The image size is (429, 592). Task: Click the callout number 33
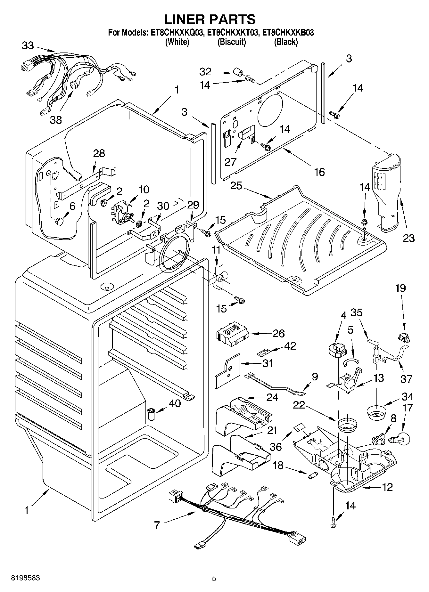click(x=28, y=46)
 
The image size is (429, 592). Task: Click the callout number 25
click(x=236, y=185)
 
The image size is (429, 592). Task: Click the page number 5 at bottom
click(x=214, y=578)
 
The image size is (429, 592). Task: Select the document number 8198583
click(x=26, y=578)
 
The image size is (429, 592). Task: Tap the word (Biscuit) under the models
click(x=232, y=42)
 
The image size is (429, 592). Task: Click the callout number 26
click(x=278, y=333)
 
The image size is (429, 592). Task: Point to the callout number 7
click(x=157, y=525)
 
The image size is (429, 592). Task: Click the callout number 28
click(x=99, y=153)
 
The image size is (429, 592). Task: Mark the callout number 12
click(x=387, y=487)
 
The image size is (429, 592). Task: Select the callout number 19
click(x=400, y=288)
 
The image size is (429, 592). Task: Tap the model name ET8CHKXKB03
click(x=287, y=32)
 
